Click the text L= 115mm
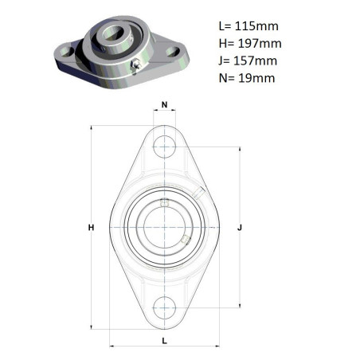[248, 26]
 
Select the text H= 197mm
[250, 44]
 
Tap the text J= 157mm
[248, 61]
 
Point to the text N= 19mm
[247, 78]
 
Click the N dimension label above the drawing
[164, 105]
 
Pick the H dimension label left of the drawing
[91, 228]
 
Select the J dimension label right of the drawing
[240, 228]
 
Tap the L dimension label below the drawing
[165, 341]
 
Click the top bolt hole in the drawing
[164, 147]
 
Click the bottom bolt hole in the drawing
[164, 307]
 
